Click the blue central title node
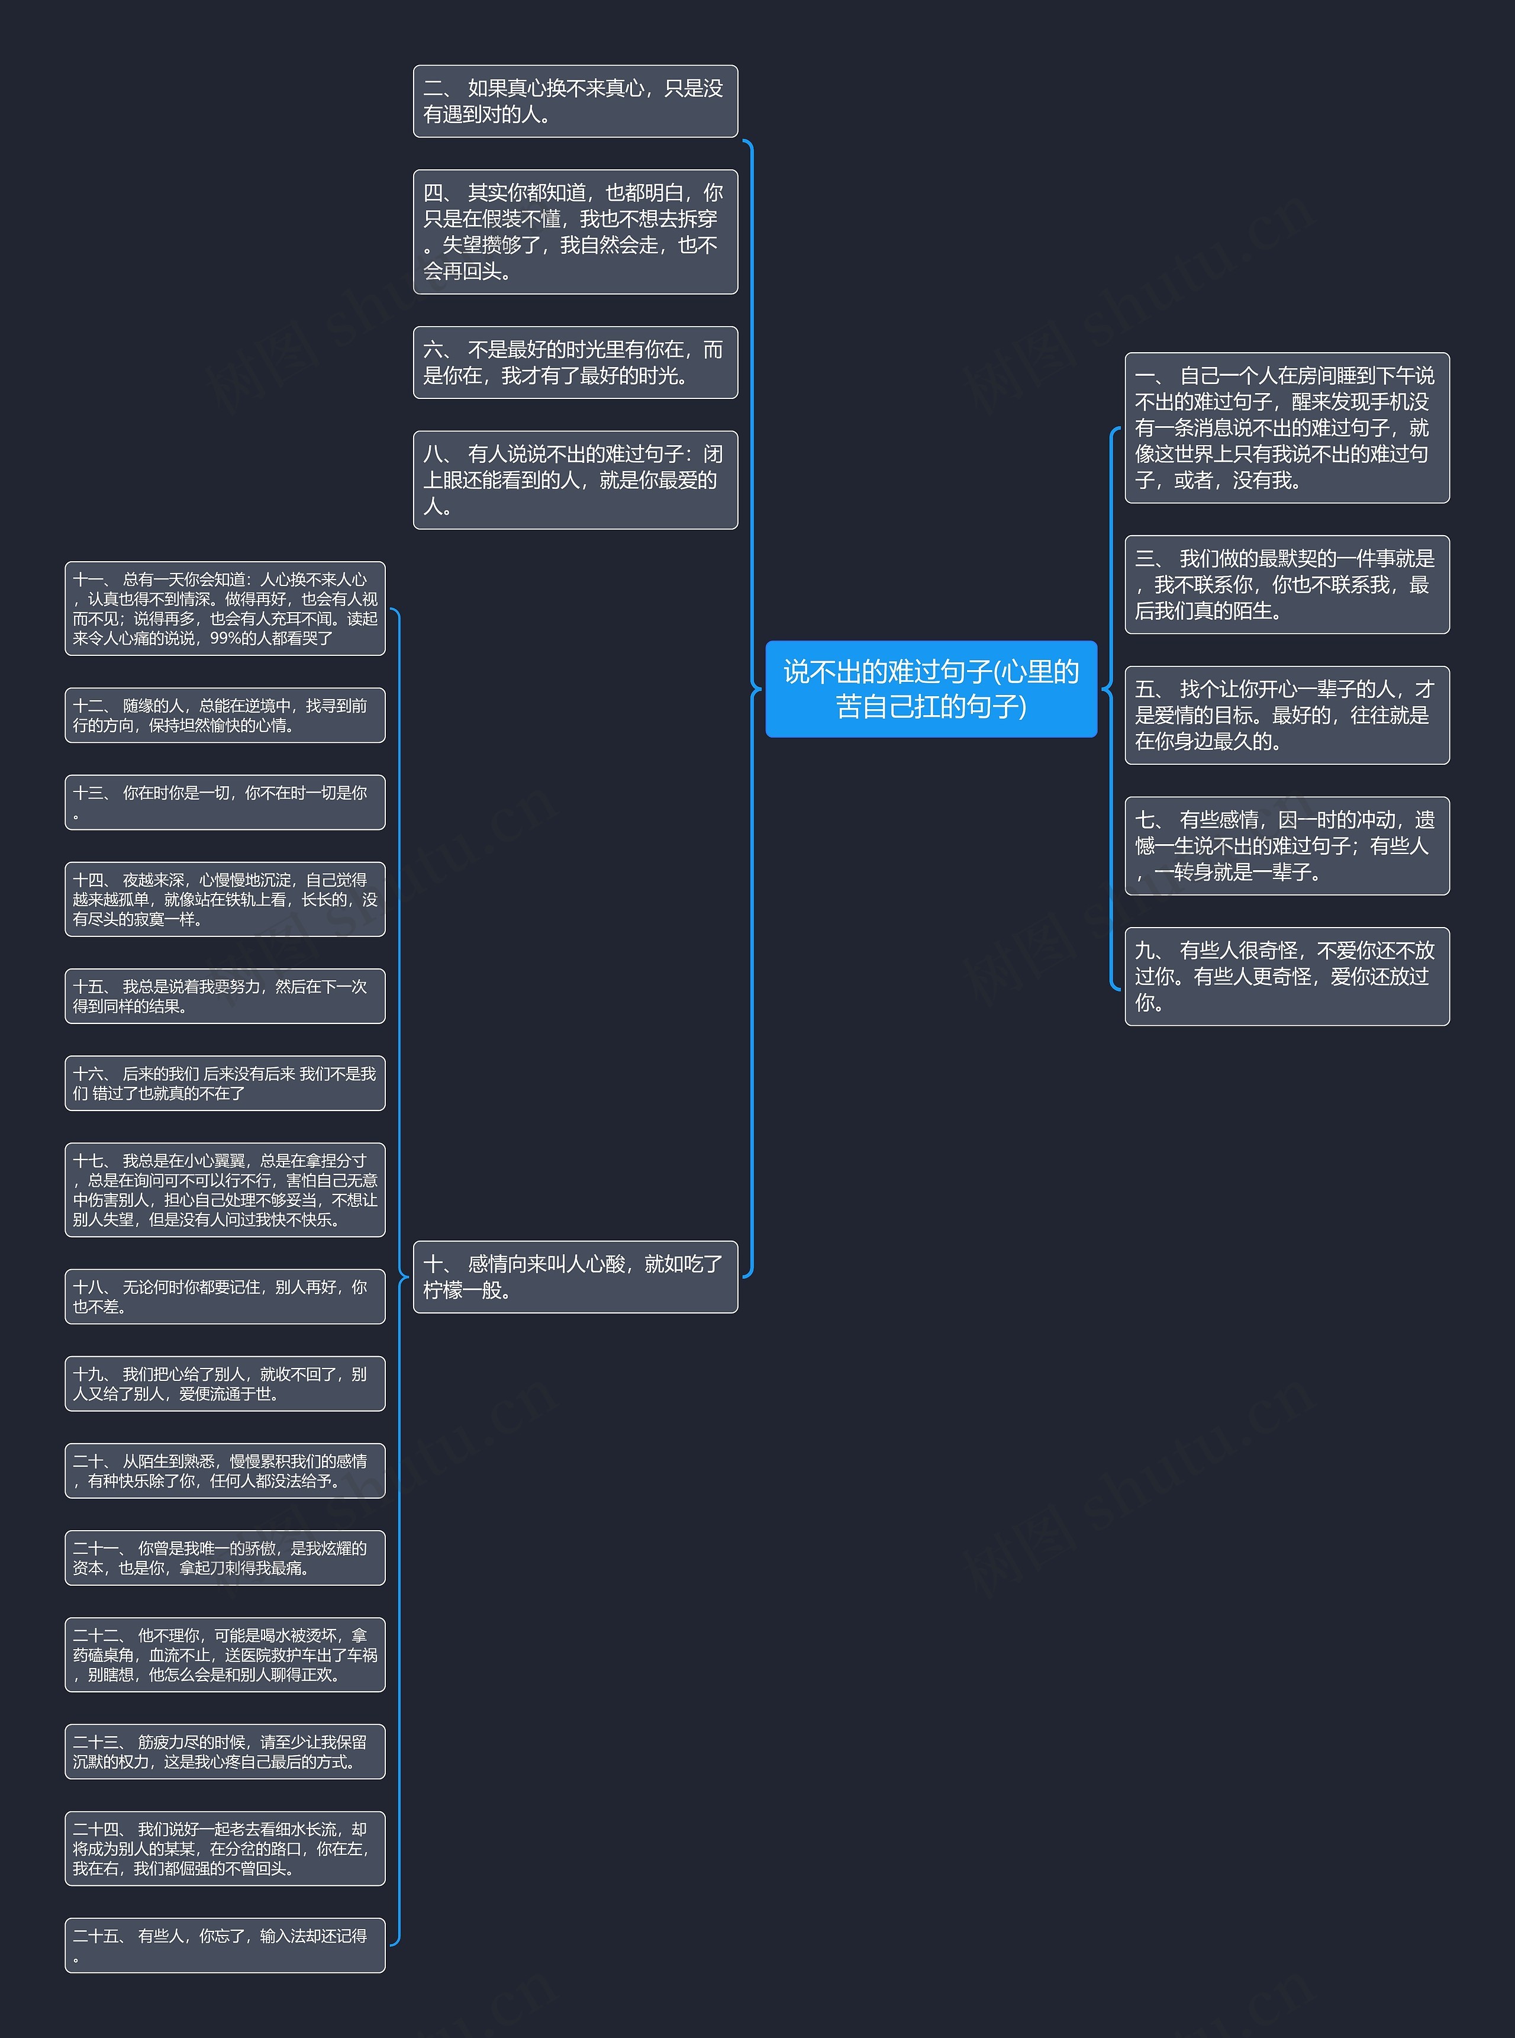click(931, 689)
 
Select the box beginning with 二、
click(575, 101)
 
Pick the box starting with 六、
click(575, 362)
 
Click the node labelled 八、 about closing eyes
click(575, 479)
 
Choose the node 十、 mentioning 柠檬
click(575, 1277)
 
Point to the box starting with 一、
click(1287, 427)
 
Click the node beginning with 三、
click(1287, 584)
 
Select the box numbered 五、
click(1287, 716)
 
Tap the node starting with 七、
click(1287, 846)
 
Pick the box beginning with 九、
click(1287, 976)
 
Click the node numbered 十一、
click(225, 608)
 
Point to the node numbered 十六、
click(225, 1083)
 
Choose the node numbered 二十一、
click(225, 1557)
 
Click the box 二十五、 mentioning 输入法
click(225, 1945)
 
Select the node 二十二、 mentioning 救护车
click(225, 1654)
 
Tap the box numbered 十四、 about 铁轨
click(225, 899)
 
